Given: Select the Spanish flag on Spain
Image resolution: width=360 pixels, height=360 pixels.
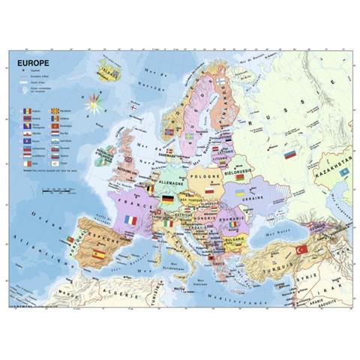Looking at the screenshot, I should [98, 255].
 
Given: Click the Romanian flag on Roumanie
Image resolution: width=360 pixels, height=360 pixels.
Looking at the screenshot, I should [232, 223].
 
